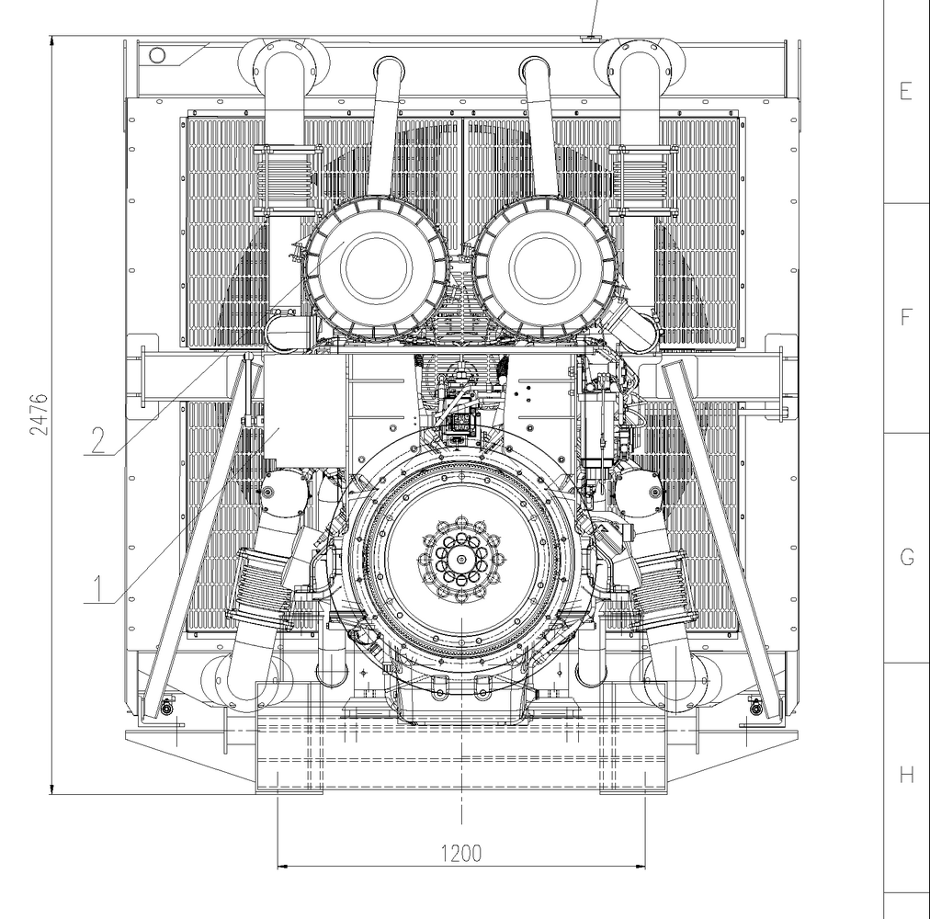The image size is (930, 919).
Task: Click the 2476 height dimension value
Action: (x=39, y=414)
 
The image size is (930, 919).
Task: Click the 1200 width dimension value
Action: (x=461, y=854)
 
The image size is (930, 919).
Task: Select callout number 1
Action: (x=97, y=587)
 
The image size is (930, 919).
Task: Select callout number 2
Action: (x=98, y=439)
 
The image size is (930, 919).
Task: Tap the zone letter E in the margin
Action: (x=906, y=91)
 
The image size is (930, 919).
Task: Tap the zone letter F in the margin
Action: (x=906, y=317)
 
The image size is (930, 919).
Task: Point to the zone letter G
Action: (x=907, y=557)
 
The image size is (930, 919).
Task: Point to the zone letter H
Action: (x=906, y=774)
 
